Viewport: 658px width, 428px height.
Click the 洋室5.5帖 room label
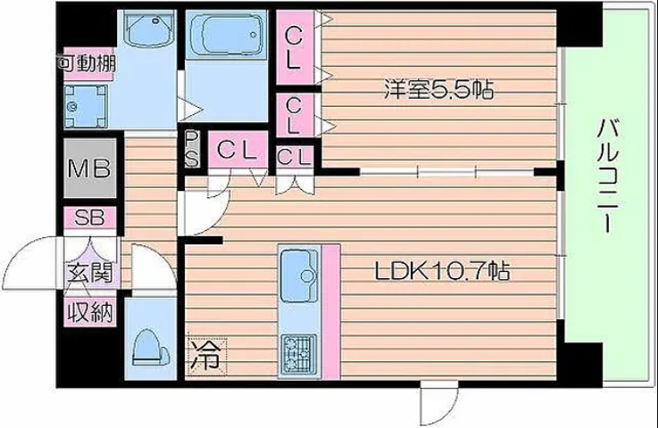[439, 89]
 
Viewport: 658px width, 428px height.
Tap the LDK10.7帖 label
[442, 271]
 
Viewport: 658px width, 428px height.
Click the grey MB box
[90, 169]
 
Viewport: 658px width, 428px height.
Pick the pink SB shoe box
[89, 218]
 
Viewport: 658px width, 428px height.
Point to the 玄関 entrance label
[90, 273]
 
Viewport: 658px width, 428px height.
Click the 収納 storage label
[90, 312]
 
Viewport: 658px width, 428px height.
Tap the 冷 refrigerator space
[207, 356]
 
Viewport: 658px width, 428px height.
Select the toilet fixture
[150, 348]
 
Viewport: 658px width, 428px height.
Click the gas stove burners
[299, 354]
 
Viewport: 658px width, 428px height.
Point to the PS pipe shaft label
[192, 149]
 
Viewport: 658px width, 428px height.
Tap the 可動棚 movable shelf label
[87, 64]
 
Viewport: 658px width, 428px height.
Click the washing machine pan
[86, 106]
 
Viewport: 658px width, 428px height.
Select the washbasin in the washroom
[151, 28]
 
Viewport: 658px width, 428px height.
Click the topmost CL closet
[294, 48]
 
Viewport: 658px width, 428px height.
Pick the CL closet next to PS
[238, 149]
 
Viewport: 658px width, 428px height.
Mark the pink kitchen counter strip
[331, 312]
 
